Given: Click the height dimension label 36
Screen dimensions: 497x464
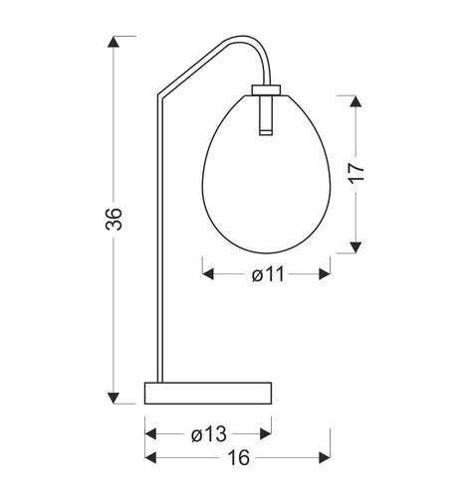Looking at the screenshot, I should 116,219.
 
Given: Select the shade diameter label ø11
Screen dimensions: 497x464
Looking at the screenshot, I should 266,275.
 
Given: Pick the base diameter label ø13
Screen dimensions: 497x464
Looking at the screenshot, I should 208,433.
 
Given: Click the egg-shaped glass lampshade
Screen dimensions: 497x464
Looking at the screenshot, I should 266,179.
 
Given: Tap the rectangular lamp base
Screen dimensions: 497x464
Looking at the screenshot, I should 208,393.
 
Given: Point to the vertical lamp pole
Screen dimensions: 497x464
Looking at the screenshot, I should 157,248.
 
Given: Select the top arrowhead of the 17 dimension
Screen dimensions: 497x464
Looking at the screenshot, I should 356,99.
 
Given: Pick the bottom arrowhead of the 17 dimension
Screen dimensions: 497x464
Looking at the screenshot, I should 356,248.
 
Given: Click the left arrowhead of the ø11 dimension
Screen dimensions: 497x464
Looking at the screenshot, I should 208,274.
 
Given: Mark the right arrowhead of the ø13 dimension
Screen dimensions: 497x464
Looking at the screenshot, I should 266,433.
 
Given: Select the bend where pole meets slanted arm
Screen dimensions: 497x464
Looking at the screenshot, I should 158,97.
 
